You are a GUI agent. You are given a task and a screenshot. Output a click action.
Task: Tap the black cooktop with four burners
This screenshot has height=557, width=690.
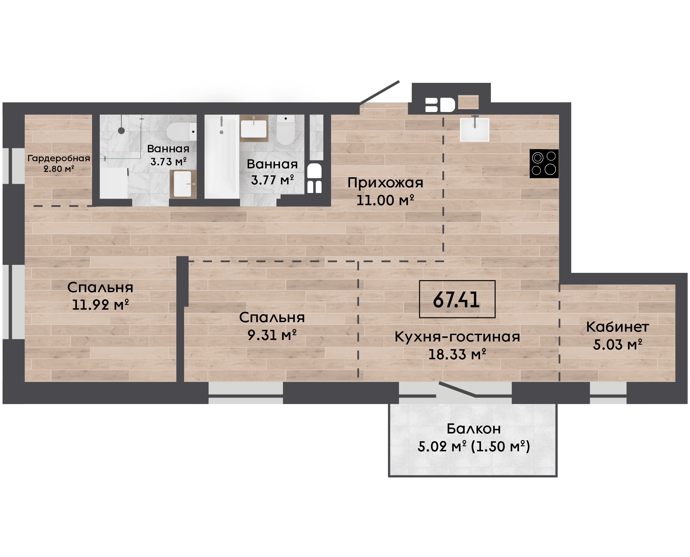[x=544, y=164]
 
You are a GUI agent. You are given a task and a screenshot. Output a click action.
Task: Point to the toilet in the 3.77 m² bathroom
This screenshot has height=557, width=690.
[x=286, y=130]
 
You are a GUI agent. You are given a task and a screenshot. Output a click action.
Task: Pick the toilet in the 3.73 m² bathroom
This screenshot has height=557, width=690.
[x=181, y=131]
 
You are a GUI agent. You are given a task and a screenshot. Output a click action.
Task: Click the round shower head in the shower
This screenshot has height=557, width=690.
[x=121, y=131]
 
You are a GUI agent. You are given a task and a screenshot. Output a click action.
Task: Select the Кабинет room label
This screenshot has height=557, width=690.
[x=618, y=327]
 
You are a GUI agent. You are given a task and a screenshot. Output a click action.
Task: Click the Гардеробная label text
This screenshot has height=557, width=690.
[x=59, y=158]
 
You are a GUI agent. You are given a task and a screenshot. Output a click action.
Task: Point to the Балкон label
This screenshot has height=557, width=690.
[x=474, y=429]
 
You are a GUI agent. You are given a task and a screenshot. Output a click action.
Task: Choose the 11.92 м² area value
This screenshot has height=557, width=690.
[x=100, y=305]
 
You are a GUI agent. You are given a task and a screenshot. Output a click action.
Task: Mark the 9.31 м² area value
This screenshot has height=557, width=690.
[x=272, y=335]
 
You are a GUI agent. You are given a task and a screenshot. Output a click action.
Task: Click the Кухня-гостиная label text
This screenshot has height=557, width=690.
[x=457, y=337]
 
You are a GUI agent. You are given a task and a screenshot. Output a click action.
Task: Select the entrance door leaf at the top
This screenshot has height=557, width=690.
[x=379, y=92]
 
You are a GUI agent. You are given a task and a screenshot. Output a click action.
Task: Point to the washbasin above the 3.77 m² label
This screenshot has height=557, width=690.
[x=254, y=128]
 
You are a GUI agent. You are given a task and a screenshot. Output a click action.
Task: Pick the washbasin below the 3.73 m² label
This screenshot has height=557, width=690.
[x=183, y=184]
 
